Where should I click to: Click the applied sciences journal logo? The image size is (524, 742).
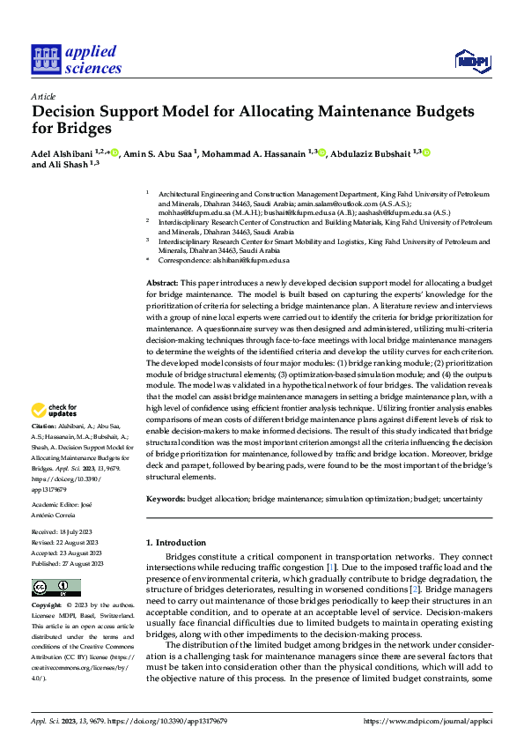coord(77,59)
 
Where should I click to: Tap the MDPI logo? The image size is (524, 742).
coord(472,61)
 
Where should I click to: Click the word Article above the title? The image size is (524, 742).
coord(43,95)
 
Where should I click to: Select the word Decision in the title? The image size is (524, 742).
coord(65,112)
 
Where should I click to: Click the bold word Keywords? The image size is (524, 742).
coord(166,499)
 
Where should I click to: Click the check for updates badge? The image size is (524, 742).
coord(55,410)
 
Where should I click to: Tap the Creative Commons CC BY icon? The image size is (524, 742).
coord(56,588)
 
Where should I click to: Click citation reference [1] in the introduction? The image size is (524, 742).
coord(330,569)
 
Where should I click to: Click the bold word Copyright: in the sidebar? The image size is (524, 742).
coord(48,606)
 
